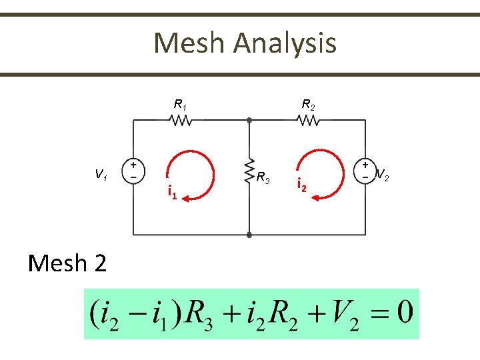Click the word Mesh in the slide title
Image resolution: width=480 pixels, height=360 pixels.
[190, 43]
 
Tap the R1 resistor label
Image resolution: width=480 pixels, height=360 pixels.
[180, 104]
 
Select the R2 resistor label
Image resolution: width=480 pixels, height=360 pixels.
[308, 104]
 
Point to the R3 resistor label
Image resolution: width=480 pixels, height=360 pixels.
[263, 178]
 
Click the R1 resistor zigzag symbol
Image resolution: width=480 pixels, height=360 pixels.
[181, 121]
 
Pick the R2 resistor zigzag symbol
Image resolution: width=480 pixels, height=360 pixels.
[309, 121]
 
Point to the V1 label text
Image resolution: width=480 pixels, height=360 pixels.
[101, 175]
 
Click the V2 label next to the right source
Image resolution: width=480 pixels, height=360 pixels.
[383, 176]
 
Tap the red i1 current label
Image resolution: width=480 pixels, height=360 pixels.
[172, 193]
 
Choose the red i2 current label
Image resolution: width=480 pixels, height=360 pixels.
[301, 186]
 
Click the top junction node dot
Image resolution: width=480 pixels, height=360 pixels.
[249, 121]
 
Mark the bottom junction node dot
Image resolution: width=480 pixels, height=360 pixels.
[249, 235]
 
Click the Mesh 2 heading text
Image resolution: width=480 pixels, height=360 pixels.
[67, 264]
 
